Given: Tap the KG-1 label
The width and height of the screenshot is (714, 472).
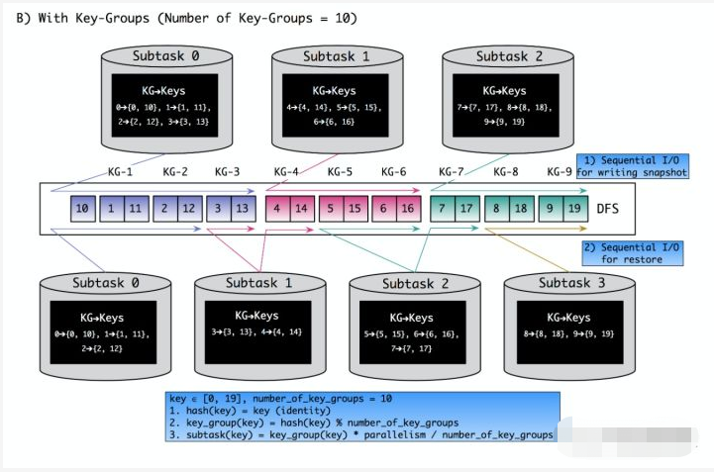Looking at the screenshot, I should tap(121, 171).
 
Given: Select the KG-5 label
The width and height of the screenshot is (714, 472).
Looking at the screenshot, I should tap(340, 171).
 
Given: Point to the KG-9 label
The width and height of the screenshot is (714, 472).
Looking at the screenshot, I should tap(559, 171).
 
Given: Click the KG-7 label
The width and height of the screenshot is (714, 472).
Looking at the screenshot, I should tap(451, 171).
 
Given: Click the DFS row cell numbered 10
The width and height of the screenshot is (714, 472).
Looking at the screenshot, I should tap(83, 210).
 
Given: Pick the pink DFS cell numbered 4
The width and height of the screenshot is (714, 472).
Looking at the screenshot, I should tap(278, 210).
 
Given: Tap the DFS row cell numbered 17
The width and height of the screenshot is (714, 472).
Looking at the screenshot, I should tap(465, 210).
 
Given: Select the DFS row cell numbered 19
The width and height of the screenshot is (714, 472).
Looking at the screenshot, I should tap(574, 210).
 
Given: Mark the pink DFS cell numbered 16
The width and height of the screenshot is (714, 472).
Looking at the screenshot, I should tap(406, 210).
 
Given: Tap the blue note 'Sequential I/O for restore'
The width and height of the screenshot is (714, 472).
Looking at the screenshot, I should tap(634, 252).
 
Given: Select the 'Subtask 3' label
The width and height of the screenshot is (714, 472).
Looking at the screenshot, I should tap(565, 283).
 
